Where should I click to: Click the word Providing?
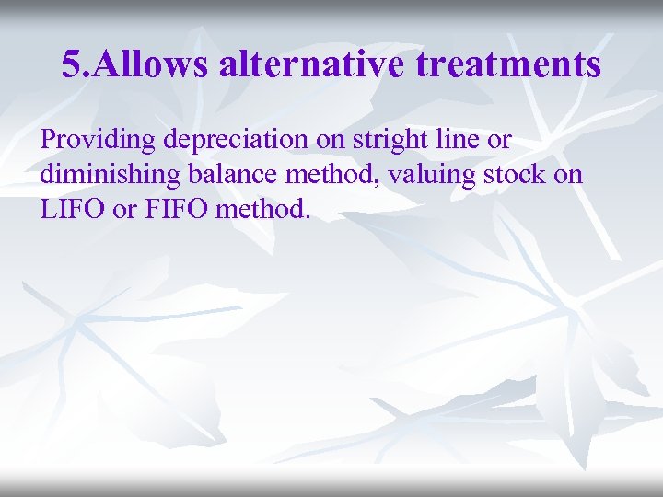[98, 141]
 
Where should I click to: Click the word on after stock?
[568, 175]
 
